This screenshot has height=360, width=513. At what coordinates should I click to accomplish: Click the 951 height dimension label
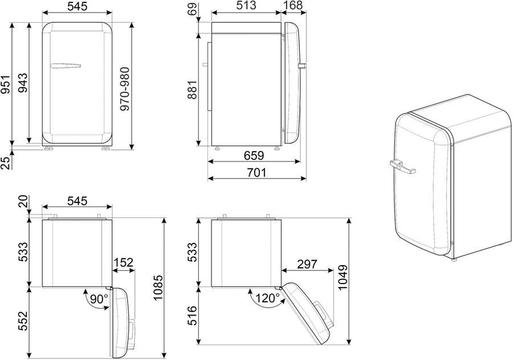(x=6, y=84)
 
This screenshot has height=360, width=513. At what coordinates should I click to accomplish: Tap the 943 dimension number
(x=23, y=83)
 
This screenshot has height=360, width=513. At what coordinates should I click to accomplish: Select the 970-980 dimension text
(x=125, y=89)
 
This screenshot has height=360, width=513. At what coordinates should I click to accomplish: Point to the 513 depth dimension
(x=246, y=5)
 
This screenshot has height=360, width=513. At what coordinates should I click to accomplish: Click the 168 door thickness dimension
(x=293, y=5)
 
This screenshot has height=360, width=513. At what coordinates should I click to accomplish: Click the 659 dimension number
(x=254, y=155)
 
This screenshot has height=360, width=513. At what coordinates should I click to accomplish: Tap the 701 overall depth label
(x=256, y=172)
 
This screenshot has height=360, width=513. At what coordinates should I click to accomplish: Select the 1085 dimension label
(x=158, y=288)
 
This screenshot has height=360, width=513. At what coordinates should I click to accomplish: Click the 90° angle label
(x=99, y=299)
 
